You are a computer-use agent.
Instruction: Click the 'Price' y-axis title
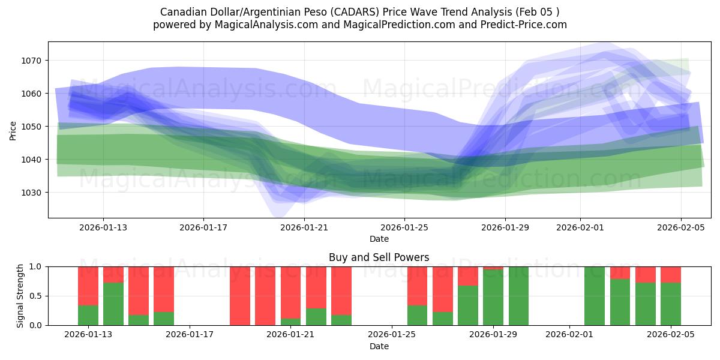13,130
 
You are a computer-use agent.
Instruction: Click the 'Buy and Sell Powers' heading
379,257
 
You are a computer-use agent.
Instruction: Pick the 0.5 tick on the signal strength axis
35,296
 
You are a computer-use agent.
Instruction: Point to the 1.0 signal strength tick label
35,266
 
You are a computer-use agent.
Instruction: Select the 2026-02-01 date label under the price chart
580,227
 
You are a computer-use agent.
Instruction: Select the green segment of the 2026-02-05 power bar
671,304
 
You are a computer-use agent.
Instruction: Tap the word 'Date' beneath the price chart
379,239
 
